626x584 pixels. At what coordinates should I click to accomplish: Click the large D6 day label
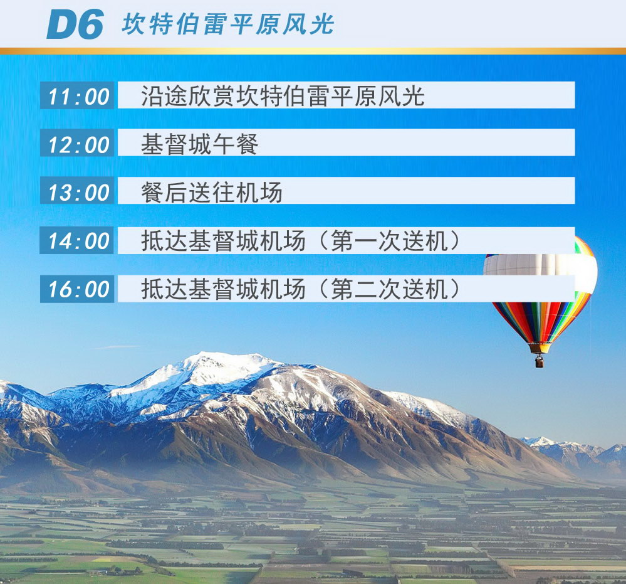pyautogui.click(x=75, y=24)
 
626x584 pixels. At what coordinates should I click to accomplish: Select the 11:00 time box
pyautogui.click(x=77, y=95)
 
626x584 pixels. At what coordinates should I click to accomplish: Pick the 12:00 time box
pyautogui.click(x=77, y=143)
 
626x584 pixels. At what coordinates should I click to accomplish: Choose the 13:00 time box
pyautogui.click(x=77, y=191)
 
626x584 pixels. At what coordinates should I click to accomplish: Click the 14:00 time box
pyautogui.click(x=77, y=241)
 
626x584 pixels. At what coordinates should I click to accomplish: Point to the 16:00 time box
pyautogui.click(x=77, y=289)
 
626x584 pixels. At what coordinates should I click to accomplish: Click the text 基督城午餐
pyautogui.click(x=200, y=144)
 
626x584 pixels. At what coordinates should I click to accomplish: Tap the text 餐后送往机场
pyautogui.click(x=212, y=192)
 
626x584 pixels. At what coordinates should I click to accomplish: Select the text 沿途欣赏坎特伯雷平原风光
pyautogui.click(x=283, y=96)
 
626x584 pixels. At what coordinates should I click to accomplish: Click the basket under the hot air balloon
pyautogui.click(x=539, y=361)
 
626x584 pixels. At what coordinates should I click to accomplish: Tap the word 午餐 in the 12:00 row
pyautogui.click(x=236, y=144)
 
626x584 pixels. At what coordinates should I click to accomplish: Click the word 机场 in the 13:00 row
pyautogui.click(x=259, y=192)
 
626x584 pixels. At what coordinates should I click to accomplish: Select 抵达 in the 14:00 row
pyautogui.click(x=164, y=241)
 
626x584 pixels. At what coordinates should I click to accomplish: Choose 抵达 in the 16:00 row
pyautogui.click(x=164, y=289)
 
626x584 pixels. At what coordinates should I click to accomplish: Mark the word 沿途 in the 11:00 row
pyautogui.click(x=164, y=96)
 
